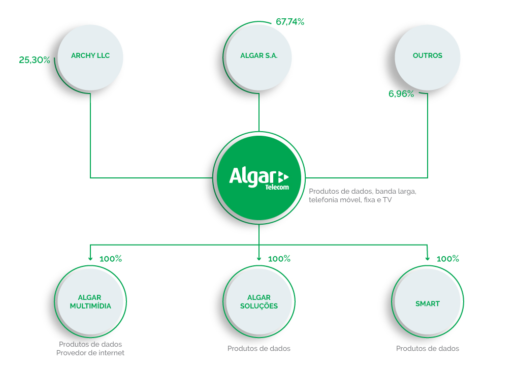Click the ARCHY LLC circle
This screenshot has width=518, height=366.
click(90, 57)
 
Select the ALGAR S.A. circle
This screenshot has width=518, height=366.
click(259, 57)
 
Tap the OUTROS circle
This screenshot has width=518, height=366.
click(428, 57)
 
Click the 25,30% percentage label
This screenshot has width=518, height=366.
click(35, 60)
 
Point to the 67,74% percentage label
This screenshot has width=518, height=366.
click(290, 22)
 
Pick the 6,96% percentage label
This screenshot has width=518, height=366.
click(401, 94)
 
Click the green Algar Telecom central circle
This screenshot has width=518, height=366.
click(259, 178)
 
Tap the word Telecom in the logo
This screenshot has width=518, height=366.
click(277, 187)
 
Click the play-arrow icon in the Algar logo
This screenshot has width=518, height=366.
click(283, 177)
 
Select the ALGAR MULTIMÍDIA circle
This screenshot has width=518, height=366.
click(90, 301)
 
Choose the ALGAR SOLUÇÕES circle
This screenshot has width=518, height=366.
click(259, 301)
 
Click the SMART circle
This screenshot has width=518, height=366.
click(428, 301)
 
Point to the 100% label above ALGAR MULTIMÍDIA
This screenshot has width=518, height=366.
click(111, 259)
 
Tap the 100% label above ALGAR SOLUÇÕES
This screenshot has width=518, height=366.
click(279, 259)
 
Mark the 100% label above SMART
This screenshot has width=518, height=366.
click(447, 259)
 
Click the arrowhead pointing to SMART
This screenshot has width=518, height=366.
click(428, 259)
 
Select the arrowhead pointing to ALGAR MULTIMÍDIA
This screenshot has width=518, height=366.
click(90, 259)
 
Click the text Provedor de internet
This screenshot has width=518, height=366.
click(90, 353)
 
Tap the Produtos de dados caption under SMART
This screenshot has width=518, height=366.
click(428, 349)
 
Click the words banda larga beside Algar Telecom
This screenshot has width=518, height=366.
click(396, 192)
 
